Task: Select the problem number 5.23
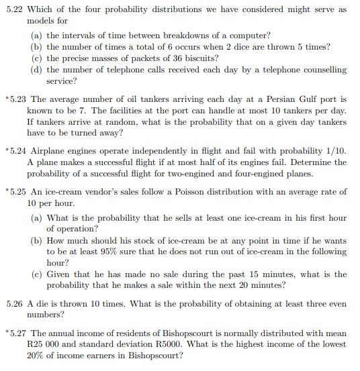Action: [x=18, y=99]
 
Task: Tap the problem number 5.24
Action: [x=18, y=150]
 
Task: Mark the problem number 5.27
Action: [x=18, y=333]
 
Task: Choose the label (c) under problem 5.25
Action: [x=38, y=274]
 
